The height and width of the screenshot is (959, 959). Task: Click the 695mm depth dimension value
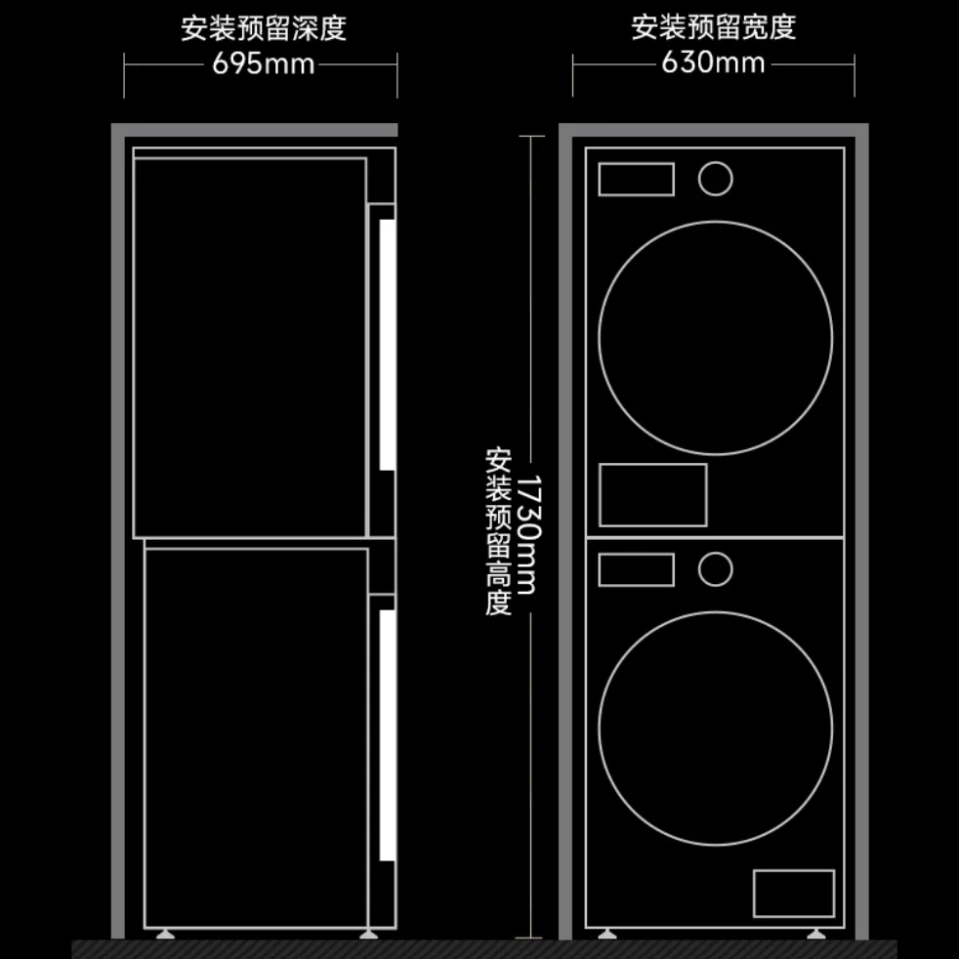click(x=263, y=63)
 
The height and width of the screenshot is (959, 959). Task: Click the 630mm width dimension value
click(x=713, y=63)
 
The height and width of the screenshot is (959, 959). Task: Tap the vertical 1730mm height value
click(x=528, y=534)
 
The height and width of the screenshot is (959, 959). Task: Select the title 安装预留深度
click(x=264, y=28)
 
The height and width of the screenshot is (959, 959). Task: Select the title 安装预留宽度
click(x=714, y=27)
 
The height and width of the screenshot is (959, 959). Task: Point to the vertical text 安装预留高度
click(x=498, y=531)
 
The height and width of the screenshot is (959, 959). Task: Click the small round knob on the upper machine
click(x=715, y=179)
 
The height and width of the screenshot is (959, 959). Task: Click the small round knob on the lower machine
click(x=715, y=569)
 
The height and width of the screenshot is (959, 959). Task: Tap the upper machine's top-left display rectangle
click(x=636, y=179)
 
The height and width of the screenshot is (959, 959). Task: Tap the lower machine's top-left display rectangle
click(x=636, y=570)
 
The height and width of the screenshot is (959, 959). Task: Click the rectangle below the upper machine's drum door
click(x=653, y=495)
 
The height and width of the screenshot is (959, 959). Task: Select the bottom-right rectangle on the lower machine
click(x=794, y=894)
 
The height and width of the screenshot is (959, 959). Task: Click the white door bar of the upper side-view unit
click(x=387, y=345)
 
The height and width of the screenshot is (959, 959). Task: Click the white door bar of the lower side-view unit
click(x=387, y=735)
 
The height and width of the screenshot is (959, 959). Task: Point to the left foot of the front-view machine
click(x=606, y=934)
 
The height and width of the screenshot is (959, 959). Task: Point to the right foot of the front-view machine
click(x=815, y=934)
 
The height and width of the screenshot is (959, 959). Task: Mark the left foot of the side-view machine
click(x=165, y=934)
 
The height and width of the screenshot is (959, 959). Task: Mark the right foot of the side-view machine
click(x=368, y=934)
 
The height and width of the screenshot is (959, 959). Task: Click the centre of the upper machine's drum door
click(x=715, y=338)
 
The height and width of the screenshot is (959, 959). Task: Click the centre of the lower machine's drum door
click(x=715, y=730)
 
